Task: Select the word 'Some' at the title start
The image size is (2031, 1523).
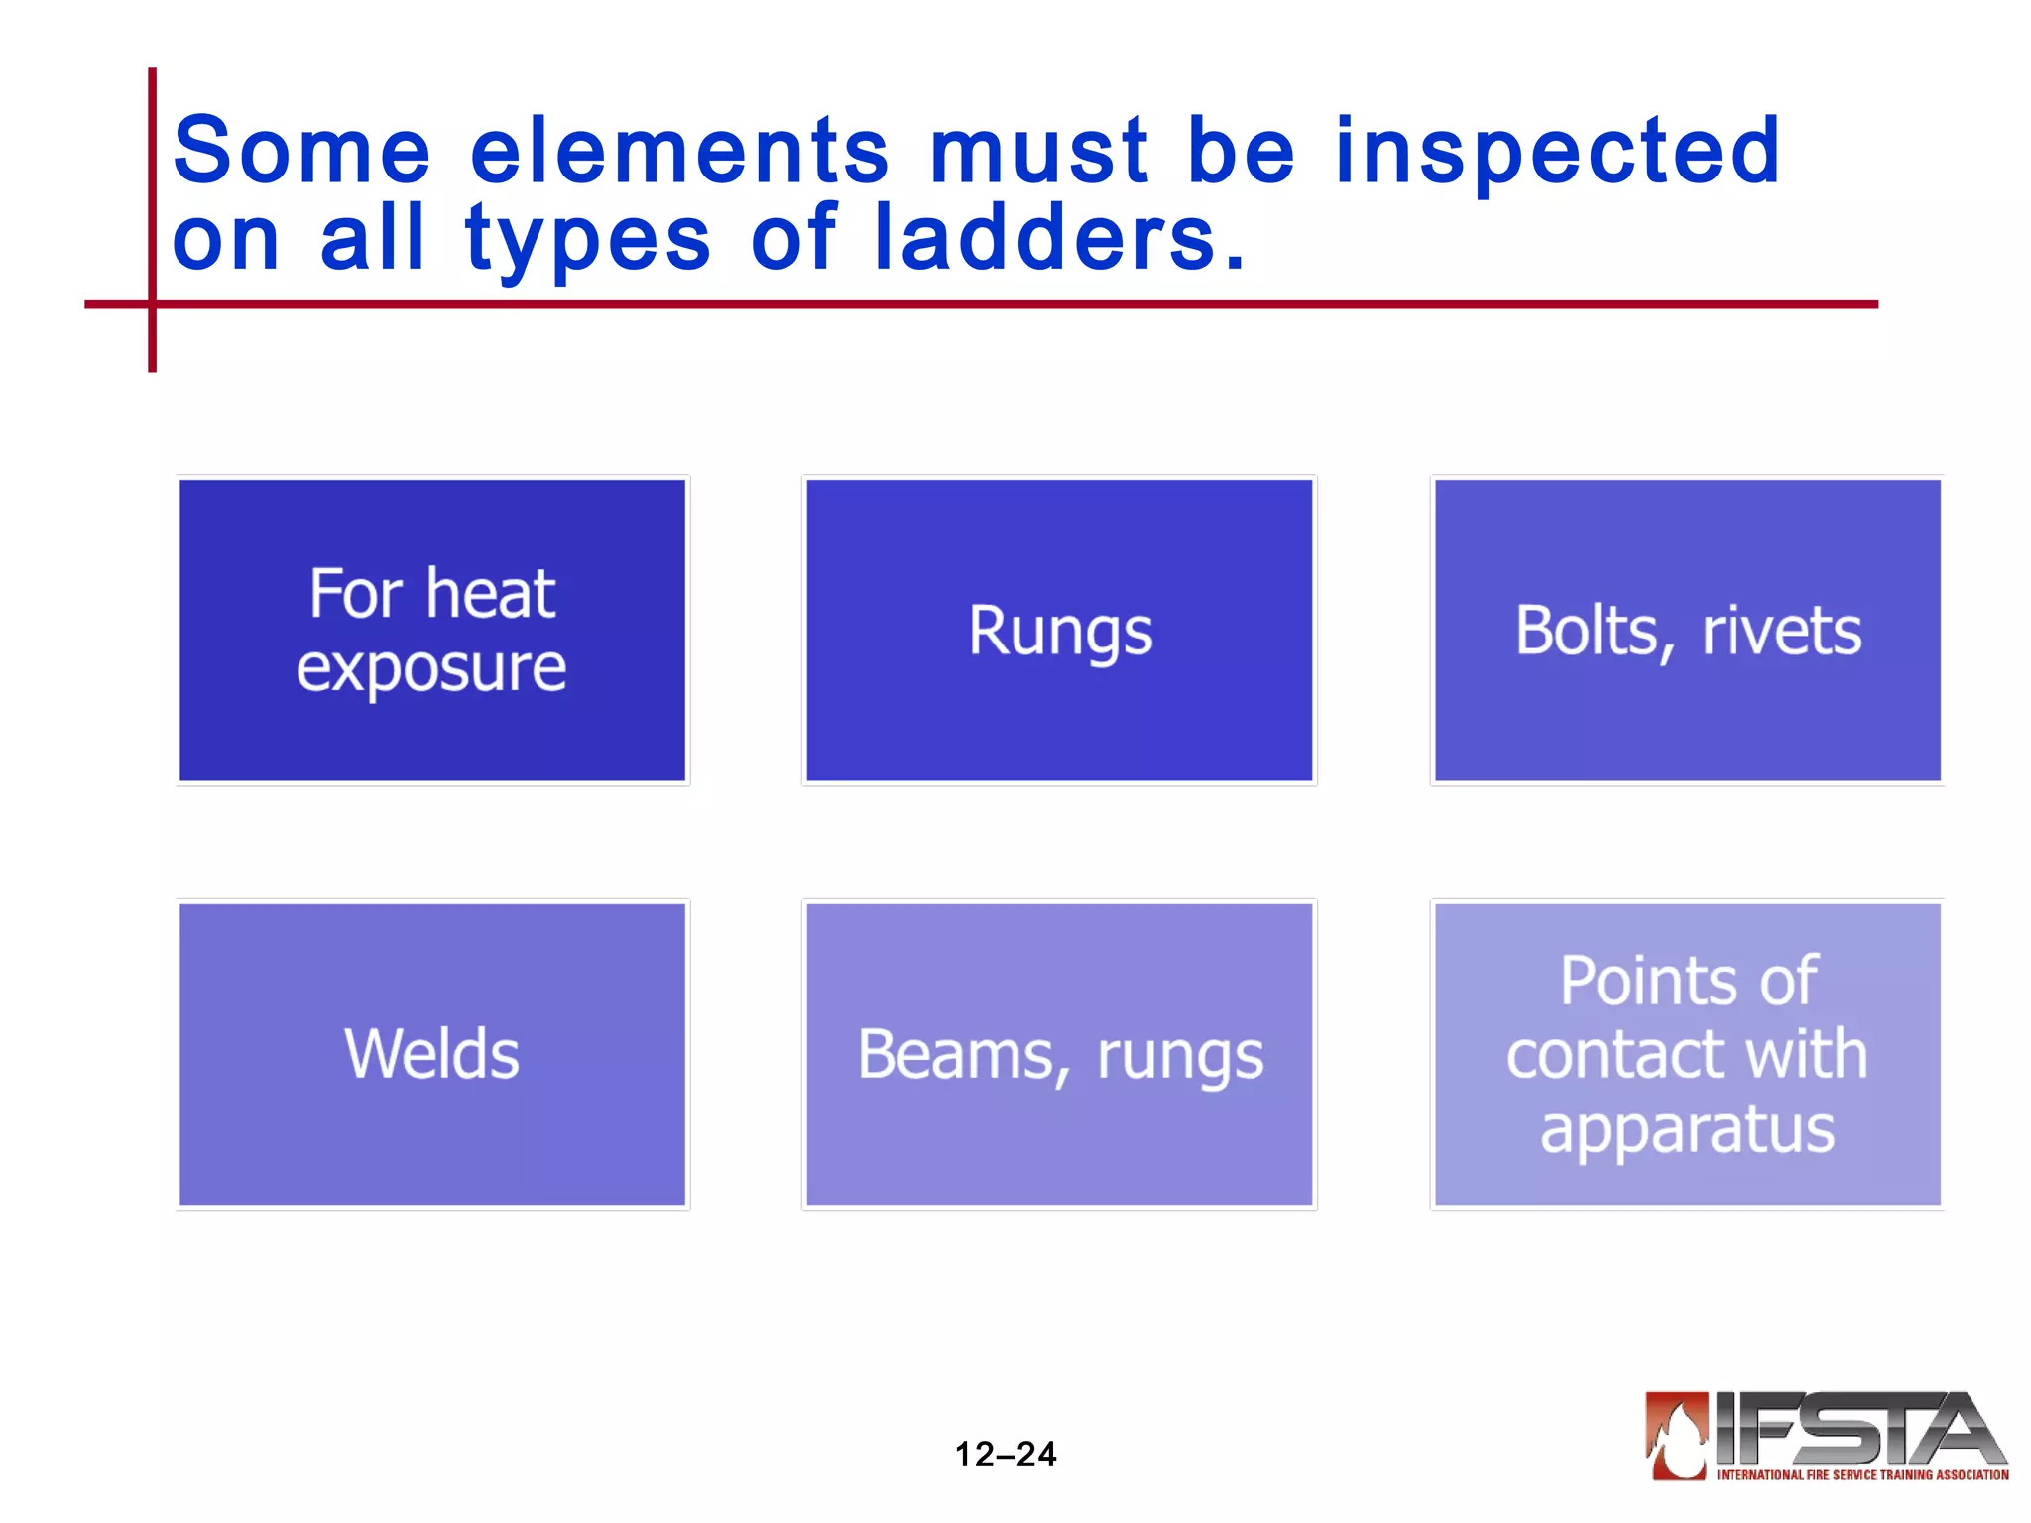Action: click(x=302, y=151)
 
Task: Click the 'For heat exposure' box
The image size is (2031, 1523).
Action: click(x=432, y=631)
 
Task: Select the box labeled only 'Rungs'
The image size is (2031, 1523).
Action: click(x=1059, y=631)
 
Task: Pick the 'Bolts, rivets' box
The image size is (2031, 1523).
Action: click(x=1687, y=631)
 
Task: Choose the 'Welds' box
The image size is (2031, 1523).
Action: click(x=432, y=1054)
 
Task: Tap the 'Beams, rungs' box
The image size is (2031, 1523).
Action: click(x=1059, y=1054)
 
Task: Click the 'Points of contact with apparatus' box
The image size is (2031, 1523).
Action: click(x=1687, y=1054)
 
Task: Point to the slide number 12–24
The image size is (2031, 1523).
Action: click(x=1005, y=1454)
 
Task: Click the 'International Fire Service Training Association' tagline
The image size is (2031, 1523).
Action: click(x=1861, y=1475)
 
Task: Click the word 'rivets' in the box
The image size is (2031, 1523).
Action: click(x=1781, y=631)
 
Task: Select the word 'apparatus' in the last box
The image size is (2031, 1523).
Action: click(x=1687, y=1128)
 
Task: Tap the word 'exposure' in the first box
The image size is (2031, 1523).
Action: click(x=431, y=668)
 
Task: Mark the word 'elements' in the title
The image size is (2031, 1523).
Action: click(x=679, y=151)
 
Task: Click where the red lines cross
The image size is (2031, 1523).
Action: click(x=152, y=304)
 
